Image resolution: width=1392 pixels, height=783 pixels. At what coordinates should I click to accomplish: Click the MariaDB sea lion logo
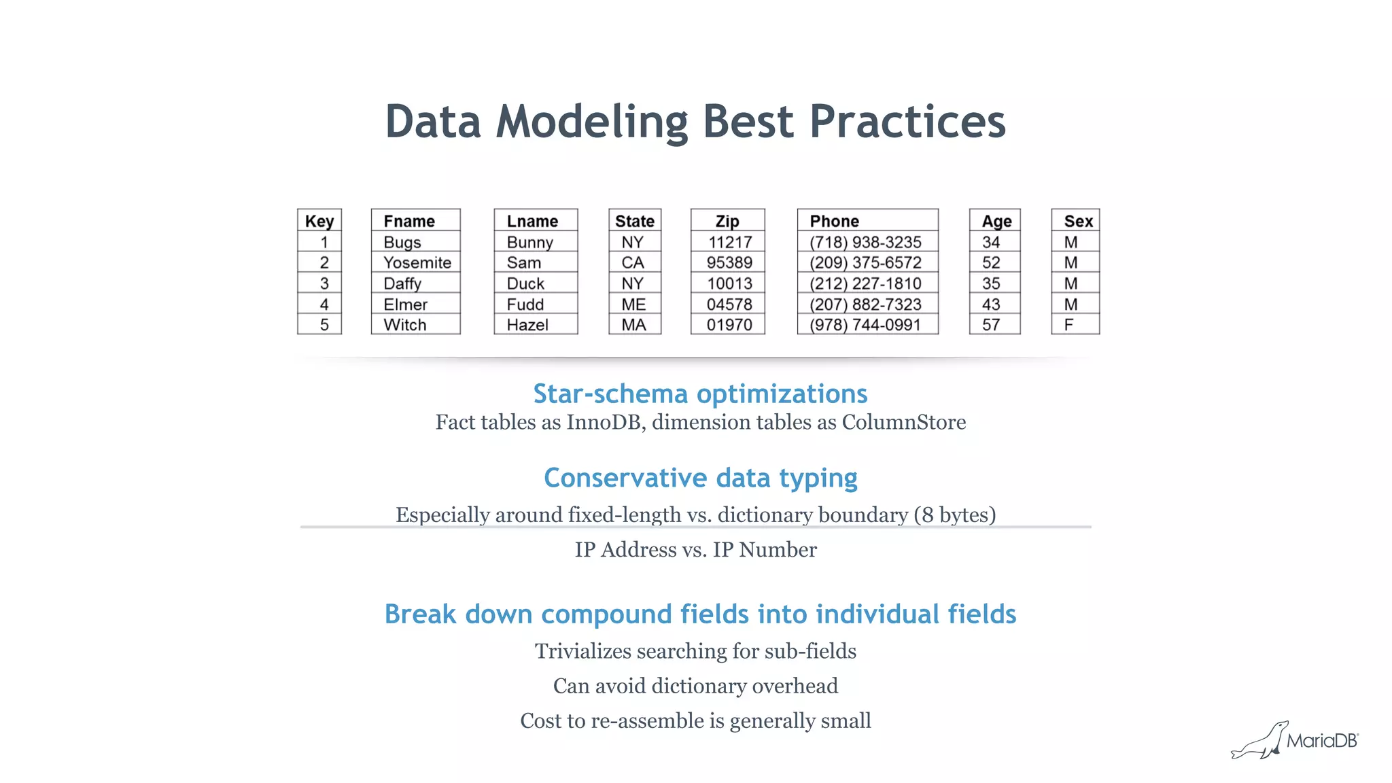(1261, 742)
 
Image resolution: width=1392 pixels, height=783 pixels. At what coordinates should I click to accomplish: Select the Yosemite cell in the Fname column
(417, 263)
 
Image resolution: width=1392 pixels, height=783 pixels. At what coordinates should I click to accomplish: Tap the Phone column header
(834, 222)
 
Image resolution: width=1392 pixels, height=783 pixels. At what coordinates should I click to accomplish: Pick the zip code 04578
(729, 304)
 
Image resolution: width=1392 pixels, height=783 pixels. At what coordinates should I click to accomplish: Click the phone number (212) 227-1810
(865, 283)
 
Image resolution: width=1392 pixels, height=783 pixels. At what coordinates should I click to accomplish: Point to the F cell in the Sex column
(1069, 325)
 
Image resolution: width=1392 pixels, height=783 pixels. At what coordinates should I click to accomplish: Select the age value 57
(991, 325)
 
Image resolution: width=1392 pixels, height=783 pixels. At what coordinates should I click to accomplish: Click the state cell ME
(633, 304)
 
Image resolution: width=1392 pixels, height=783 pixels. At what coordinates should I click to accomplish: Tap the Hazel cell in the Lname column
(527, 325)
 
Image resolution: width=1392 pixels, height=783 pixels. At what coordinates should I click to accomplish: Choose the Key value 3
(324, 283)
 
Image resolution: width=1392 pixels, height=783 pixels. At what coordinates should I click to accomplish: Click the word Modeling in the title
(591, 122)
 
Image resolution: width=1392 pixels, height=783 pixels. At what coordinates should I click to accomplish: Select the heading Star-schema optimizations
(700, 394)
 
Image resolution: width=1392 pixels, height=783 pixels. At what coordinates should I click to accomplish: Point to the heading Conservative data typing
(700, 478)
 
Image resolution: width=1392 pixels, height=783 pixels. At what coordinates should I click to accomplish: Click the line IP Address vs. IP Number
(695, 549)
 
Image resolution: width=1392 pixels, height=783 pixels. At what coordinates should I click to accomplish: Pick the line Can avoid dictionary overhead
(695, 686)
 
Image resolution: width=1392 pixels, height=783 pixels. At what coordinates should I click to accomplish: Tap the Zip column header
(727, 222)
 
